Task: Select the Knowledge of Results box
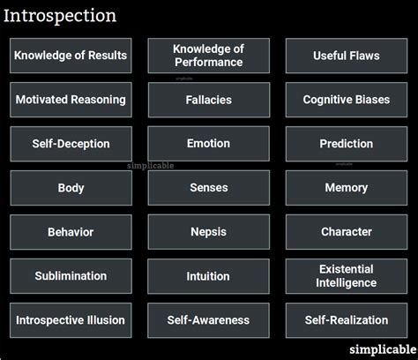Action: coord(71,56)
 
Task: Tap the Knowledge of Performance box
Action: coord(208,56)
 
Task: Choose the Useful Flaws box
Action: coord(347,56)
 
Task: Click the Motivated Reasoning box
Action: coord(71,100)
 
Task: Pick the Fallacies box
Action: coord(208,100)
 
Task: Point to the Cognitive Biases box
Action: coord(347,100)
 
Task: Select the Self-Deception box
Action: coord(71,144)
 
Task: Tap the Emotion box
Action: coord(208,144)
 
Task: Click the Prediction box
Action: coord(347,144)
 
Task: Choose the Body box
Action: coord(71,188)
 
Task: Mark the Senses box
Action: coord(208,188)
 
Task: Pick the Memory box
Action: coord(347,188)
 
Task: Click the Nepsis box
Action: coord(208,232)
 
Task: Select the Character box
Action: coord(347,232)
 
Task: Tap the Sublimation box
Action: coord(71,276)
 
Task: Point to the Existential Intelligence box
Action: coord(347,276)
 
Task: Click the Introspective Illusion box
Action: coord(71,320)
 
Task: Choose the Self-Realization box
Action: coord(347,320)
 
